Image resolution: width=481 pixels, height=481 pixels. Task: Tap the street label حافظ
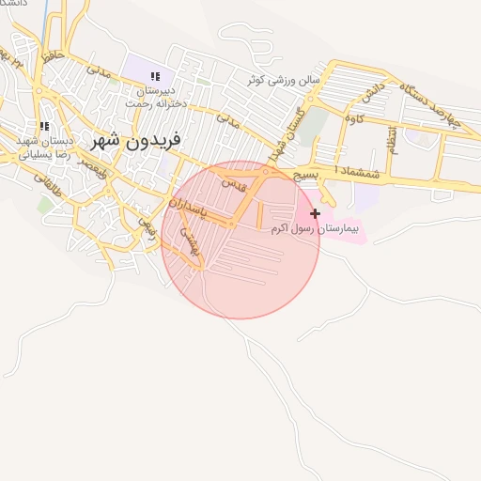point(53,57)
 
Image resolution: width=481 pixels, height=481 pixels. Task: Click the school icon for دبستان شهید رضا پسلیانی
point(42,126)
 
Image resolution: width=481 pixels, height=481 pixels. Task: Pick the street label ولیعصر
point(90,166)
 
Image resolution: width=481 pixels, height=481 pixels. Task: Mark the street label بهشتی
point(192,243)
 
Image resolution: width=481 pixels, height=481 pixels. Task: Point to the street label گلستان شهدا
point(282,141)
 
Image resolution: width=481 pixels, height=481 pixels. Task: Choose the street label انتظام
point(392,141)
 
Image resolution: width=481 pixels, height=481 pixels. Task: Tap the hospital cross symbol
point(315,214)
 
